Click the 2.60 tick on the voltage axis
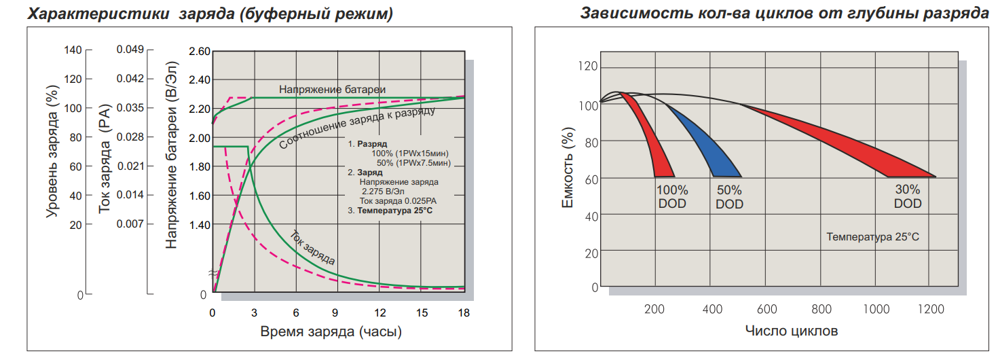coord(200,52)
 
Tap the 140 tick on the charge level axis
coord(73,50)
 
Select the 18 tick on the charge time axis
coord(464,312)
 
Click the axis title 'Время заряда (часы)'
coord(331,332)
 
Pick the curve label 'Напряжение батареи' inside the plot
coord(332,90)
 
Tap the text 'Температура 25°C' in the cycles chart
coord(872,237)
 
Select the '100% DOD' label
coord(672,197)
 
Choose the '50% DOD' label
coord(729,197)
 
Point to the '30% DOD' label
coord(908,196)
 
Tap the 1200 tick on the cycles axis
coord(930,310)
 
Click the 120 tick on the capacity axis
coord(589,66)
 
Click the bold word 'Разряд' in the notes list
coord(373,145)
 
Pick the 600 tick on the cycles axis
coord(766,310)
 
